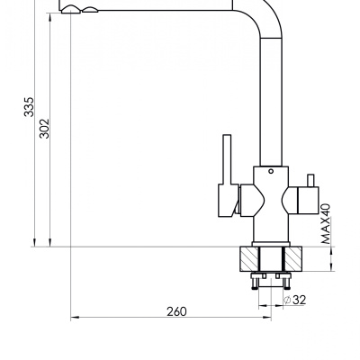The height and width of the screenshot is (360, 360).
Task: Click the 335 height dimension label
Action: pos(30,106)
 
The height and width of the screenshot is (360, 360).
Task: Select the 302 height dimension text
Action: pos(44,129)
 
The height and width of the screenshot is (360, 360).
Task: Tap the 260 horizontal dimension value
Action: pos(176,311)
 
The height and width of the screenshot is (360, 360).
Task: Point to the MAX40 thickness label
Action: pos(326,224)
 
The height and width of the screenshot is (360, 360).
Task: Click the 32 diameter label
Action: pos(299,300)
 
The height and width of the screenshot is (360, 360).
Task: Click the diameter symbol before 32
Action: pos(287,300)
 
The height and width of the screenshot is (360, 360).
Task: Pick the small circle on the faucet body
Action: pos(271,171)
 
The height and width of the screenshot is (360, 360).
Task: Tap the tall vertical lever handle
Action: pos(227,159)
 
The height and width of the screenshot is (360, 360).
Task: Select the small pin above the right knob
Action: pos(310,180)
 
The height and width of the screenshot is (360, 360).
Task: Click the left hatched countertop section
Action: pos(249,259)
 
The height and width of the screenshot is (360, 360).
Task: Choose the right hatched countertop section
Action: pos(292,259)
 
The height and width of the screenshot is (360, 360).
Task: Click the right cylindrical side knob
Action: pos(308,200)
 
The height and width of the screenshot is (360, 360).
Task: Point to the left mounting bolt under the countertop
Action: pos(255,282)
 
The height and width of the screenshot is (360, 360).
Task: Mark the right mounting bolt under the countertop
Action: pos(287,282)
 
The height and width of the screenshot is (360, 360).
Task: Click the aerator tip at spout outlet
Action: pos(71,10)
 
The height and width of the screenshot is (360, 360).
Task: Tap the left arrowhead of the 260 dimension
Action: pos(75,317)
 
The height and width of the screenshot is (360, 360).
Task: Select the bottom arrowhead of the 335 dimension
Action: pos(34,242)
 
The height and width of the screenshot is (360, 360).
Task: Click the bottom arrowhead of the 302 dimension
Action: pos(49,242)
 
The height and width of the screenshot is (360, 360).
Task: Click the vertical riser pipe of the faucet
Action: pos(271,102)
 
